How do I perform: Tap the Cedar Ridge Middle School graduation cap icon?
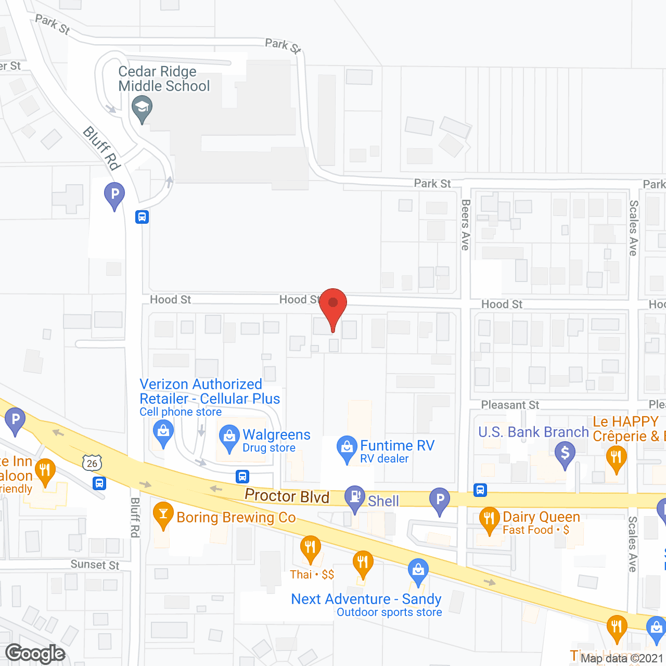click(x=142, y=109)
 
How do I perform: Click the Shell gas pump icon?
click(x=355, y=497)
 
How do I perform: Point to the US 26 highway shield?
click(x=92, y=463)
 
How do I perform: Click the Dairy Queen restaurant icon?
click(x=489, y=518)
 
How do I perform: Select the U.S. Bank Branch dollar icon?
click(x=565, y=453)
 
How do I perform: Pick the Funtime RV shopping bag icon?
click(x=347, y=447)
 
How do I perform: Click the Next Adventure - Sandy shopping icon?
click(x=418, y=569)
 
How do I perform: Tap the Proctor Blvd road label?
click(x=287, y=496)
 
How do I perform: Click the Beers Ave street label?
click(x=466, y=225)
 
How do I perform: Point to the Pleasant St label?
click(x=510, y=405)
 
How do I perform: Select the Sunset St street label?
click(x=95, y=565)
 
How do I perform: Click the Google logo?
click(x=35, y=654)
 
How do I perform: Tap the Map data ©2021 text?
click(x=622, y=658)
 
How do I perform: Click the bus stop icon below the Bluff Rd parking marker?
click(x=142, y=217)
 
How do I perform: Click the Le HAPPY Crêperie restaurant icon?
click(x=616, y=457)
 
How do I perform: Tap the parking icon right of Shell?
click(x=440, y=499)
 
